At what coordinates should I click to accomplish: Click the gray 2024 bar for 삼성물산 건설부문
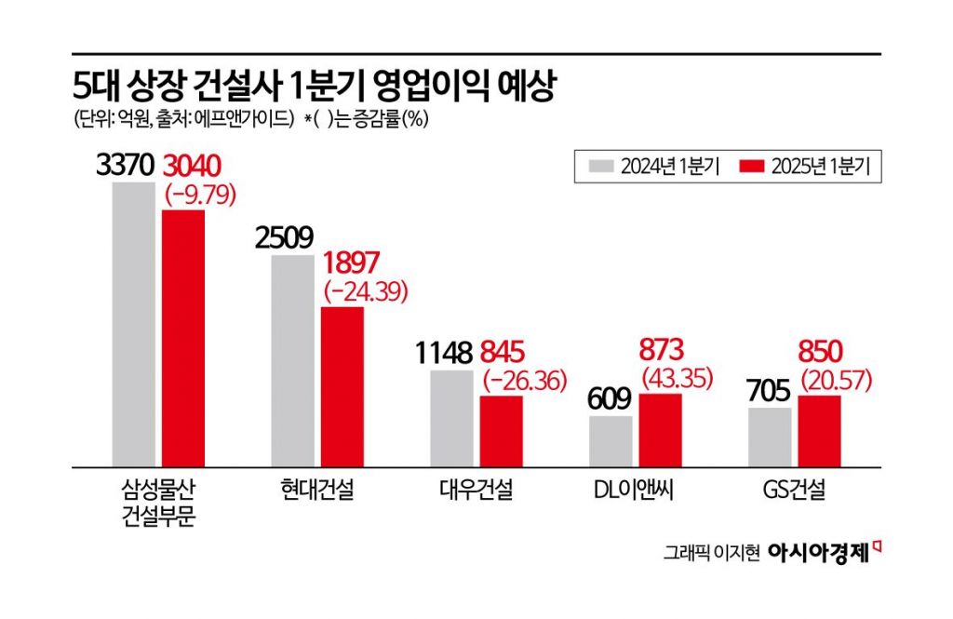pyautogui.click(x=134, y=324)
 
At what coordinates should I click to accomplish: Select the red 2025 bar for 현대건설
pyautogui.click(x=342, y=386)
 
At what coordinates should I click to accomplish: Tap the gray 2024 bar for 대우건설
pyautogui.click(x=451, y=418)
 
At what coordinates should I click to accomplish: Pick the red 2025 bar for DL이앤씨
pyautogui.click(x=660, y=429)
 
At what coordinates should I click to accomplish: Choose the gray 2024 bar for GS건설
pyautogui.click(x=770, y=436)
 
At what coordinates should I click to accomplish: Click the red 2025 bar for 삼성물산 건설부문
pyautogui.click(x=182, y=338)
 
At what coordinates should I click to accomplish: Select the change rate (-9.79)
pyautogui.click(x=199, y=195)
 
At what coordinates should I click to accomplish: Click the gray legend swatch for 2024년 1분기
pyautogui.click(x=601, y=167)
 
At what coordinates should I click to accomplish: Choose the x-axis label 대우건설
pyautogui.click(x=475, y=489)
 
